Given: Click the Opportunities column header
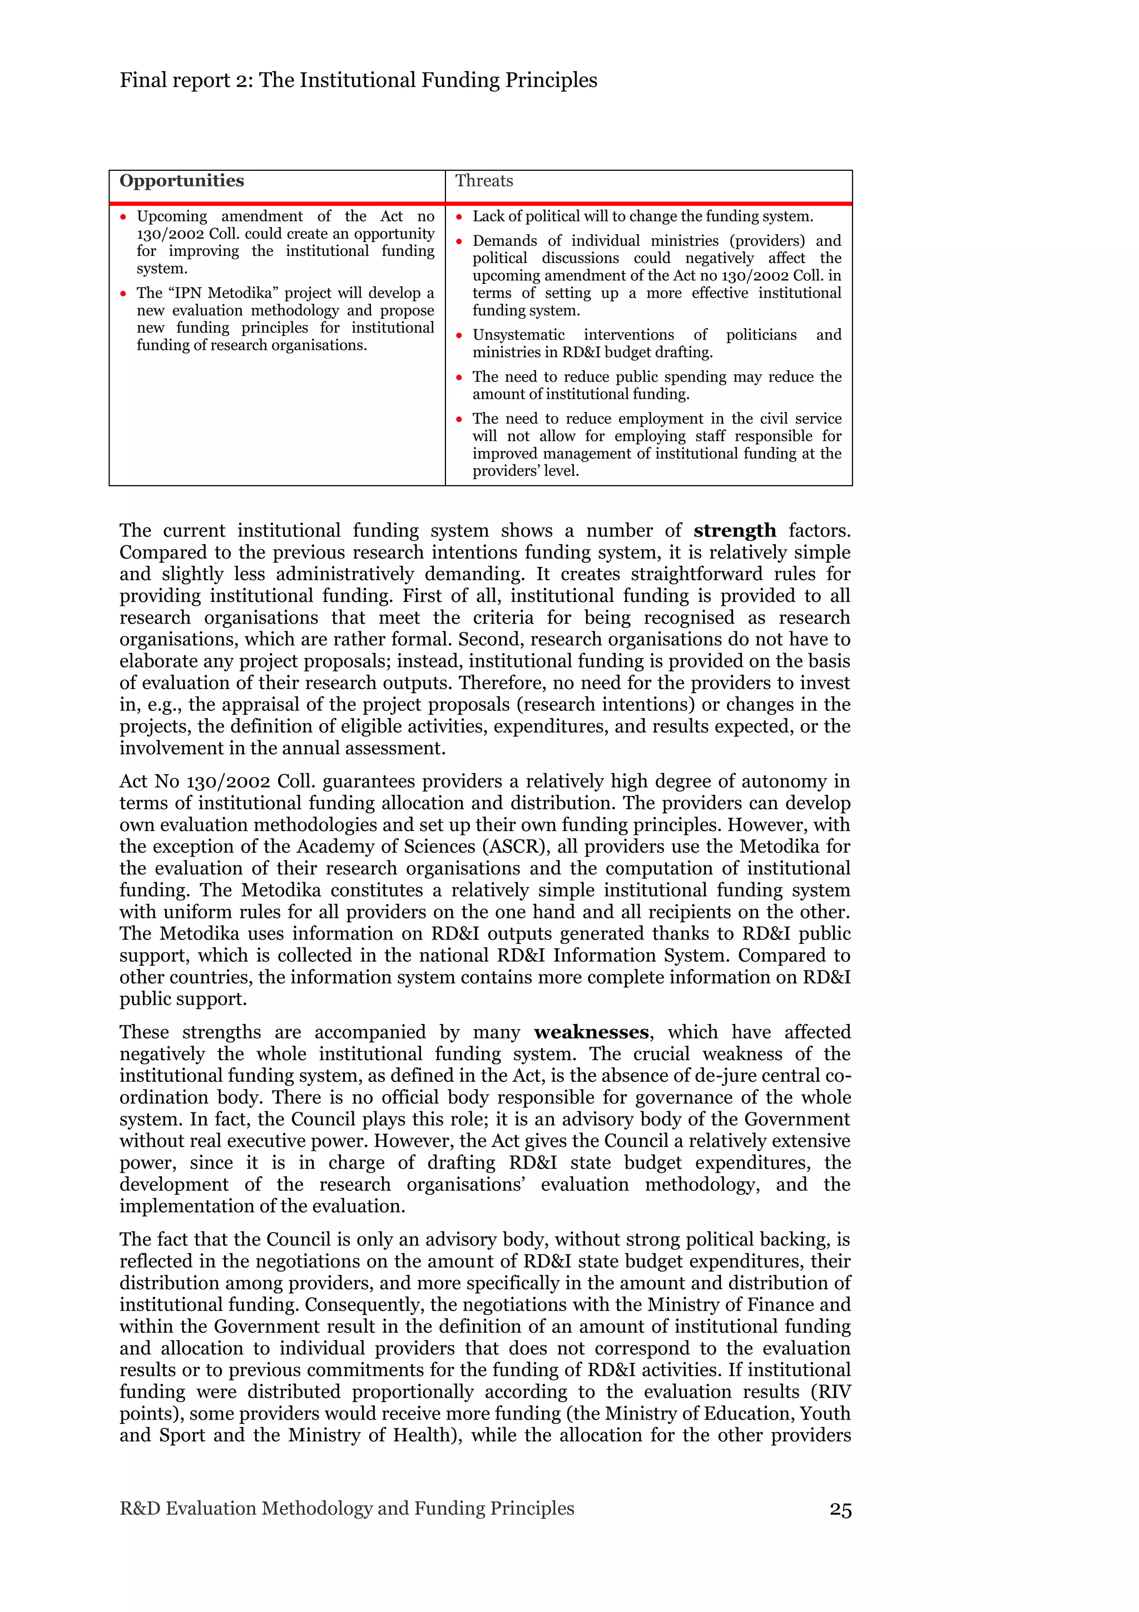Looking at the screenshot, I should click(x=181, y=181).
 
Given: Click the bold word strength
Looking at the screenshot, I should click(x=734, y=531).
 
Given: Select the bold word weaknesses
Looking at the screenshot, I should click(x=591, y=1032).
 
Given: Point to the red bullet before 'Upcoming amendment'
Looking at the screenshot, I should click(x=123, y=217).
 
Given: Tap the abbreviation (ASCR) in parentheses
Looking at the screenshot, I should click(x=515, y=847).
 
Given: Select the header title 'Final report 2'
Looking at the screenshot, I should click(x=185, y=81).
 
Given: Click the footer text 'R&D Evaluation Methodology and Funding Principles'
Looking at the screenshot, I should click(x=346, y=1508).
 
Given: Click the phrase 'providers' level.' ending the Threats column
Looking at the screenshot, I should click(x=525, y=471).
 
